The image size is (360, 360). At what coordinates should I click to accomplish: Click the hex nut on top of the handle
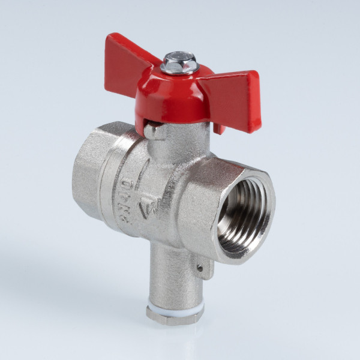click(179, 61)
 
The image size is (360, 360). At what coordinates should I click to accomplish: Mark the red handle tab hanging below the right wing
click(220, 128)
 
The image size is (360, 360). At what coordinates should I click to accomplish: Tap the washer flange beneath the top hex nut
click(179, 70)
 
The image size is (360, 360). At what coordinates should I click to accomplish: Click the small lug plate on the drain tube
click(206, 267)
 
